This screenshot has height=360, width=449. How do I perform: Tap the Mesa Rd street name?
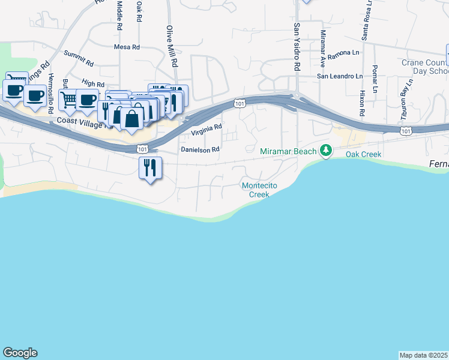click(x=127, y=46)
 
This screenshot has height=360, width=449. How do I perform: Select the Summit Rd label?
click(x=79, y=58)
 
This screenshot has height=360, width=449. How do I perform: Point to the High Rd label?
click(x=93, y=84)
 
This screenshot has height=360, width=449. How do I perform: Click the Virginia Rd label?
click(x=206, y=129)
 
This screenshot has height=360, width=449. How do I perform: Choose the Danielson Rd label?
click(x=200, y=149)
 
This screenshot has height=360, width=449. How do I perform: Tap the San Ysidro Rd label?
click(x=296, y=47)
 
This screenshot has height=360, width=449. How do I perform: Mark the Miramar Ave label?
click(x=323, y=48)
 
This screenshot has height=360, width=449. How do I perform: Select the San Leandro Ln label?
click(x=340, y=76)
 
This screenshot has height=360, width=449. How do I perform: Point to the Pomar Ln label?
click(x=375, y=79)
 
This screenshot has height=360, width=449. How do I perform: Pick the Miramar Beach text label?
click(x=288, y=151)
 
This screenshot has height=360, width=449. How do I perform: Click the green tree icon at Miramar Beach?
click(x=326, y=151)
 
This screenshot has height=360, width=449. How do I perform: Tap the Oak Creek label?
click(x=363, y=154)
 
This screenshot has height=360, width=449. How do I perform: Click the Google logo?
click(x=20, y=353)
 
